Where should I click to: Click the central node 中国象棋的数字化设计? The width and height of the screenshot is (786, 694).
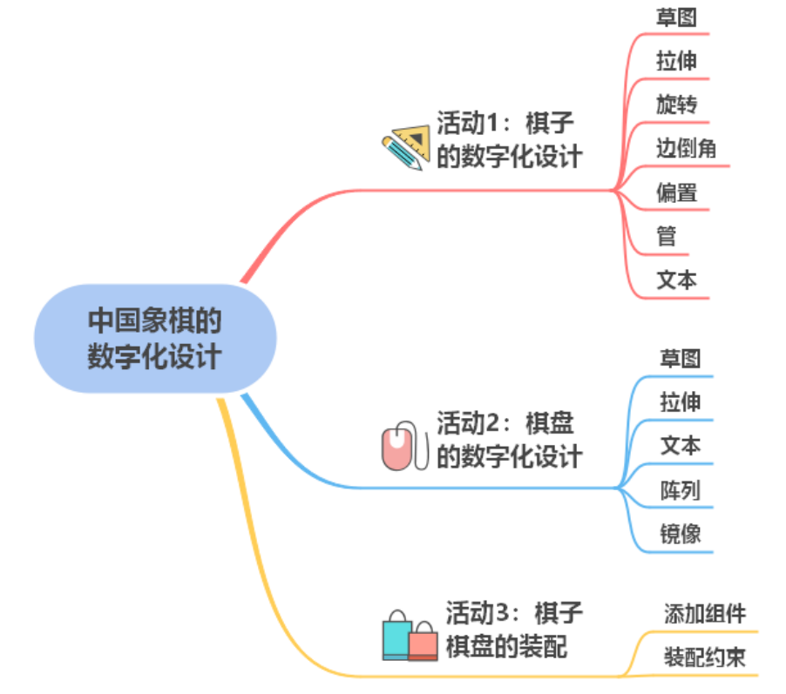click(x=155, y=339)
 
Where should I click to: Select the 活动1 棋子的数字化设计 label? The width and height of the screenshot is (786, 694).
click(x=509, y=139)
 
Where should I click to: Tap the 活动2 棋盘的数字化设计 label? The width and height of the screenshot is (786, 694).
click(x=509, y=440)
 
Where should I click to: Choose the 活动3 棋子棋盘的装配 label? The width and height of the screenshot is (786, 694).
click(x=514, y=630)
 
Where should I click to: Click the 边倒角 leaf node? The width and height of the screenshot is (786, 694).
click(x=686, y=149)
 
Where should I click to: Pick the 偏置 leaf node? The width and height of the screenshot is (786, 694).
click(x=676, y=192)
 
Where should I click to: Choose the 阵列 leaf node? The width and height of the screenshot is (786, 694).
click(x=680, y=490)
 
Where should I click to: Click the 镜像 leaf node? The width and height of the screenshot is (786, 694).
click(x=680, y=534)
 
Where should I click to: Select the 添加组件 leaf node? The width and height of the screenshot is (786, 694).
click(x=704, y=614)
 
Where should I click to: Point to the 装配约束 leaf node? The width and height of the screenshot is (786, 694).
click(x=704, y=657)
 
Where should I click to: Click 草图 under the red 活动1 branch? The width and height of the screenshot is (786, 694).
click(x=676, y=17)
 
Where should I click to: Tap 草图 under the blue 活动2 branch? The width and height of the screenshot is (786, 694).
click(x=680, y=359)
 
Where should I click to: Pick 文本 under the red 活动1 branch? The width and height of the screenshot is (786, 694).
click(x=676, y=280)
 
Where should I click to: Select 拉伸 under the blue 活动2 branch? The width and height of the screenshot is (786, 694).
click(x=680, y=402)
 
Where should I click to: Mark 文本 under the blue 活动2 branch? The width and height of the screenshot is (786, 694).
click(x=680, y=446)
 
